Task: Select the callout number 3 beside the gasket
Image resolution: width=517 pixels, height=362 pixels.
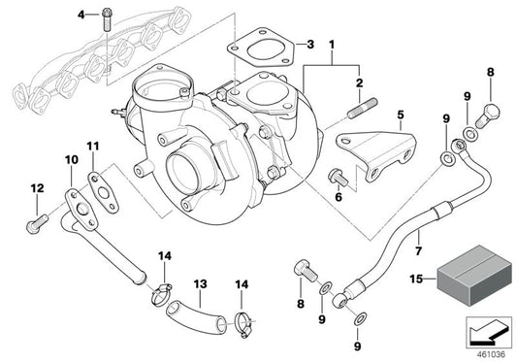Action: coord(309,45)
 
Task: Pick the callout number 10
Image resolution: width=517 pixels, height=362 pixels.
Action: coord(72,158)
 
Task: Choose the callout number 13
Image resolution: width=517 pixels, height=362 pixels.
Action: coord(199,284)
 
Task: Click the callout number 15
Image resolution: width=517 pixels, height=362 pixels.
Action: coord(415,280)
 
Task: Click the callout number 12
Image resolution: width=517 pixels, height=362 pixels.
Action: coord(37,186)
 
